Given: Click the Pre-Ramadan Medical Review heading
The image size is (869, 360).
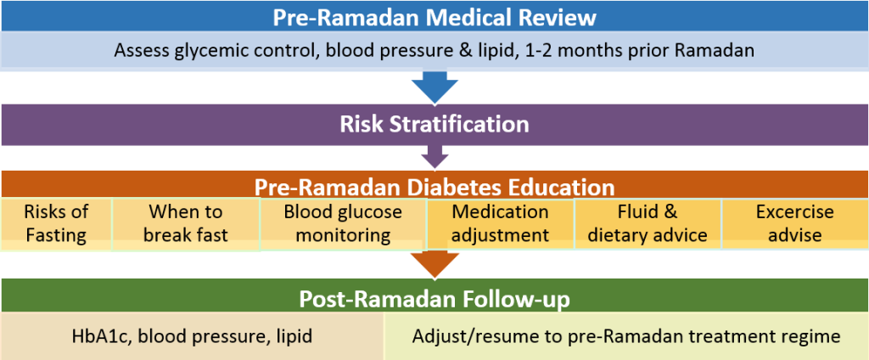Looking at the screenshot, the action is (x=434, y=18).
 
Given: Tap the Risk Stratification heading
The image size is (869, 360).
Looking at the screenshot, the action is (x=434, y=124).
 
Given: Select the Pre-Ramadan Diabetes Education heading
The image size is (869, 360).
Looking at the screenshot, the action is (x=434, y=187).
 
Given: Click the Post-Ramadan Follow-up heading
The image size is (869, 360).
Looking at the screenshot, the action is (x=434, y=299).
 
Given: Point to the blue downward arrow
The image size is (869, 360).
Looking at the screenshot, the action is (x=435, y=87).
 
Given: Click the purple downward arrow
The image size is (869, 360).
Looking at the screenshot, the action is (x=435, y=156).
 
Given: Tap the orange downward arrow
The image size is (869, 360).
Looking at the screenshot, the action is (x=435, y=263).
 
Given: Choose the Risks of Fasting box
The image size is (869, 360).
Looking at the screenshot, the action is (x=56, y=223).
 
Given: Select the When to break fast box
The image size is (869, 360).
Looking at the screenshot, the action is (x=186, y=223).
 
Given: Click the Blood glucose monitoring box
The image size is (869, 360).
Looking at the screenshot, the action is (x=343, y=223).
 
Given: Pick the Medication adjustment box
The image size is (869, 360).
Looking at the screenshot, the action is (x=501, y=223).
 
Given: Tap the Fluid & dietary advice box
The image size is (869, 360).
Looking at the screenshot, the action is (x=648, y=223).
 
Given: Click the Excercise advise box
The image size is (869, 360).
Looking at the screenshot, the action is (x=794, y=223).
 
